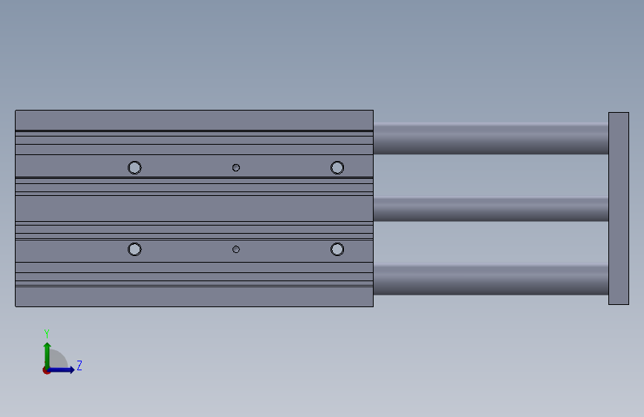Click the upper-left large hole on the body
(x=134, y=168)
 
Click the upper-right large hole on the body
(x=337, y=168)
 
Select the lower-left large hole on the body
(x=134, y=249)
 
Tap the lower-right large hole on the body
(x=337, y=249)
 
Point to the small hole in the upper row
(x=235, y=168)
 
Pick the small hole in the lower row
(x=235, y=249)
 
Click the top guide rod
(x=491, y=138)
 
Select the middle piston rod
(x=491, y=209)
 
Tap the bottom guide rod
(x=491, y=280)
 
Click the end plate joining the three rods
(x=619, y=208)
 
